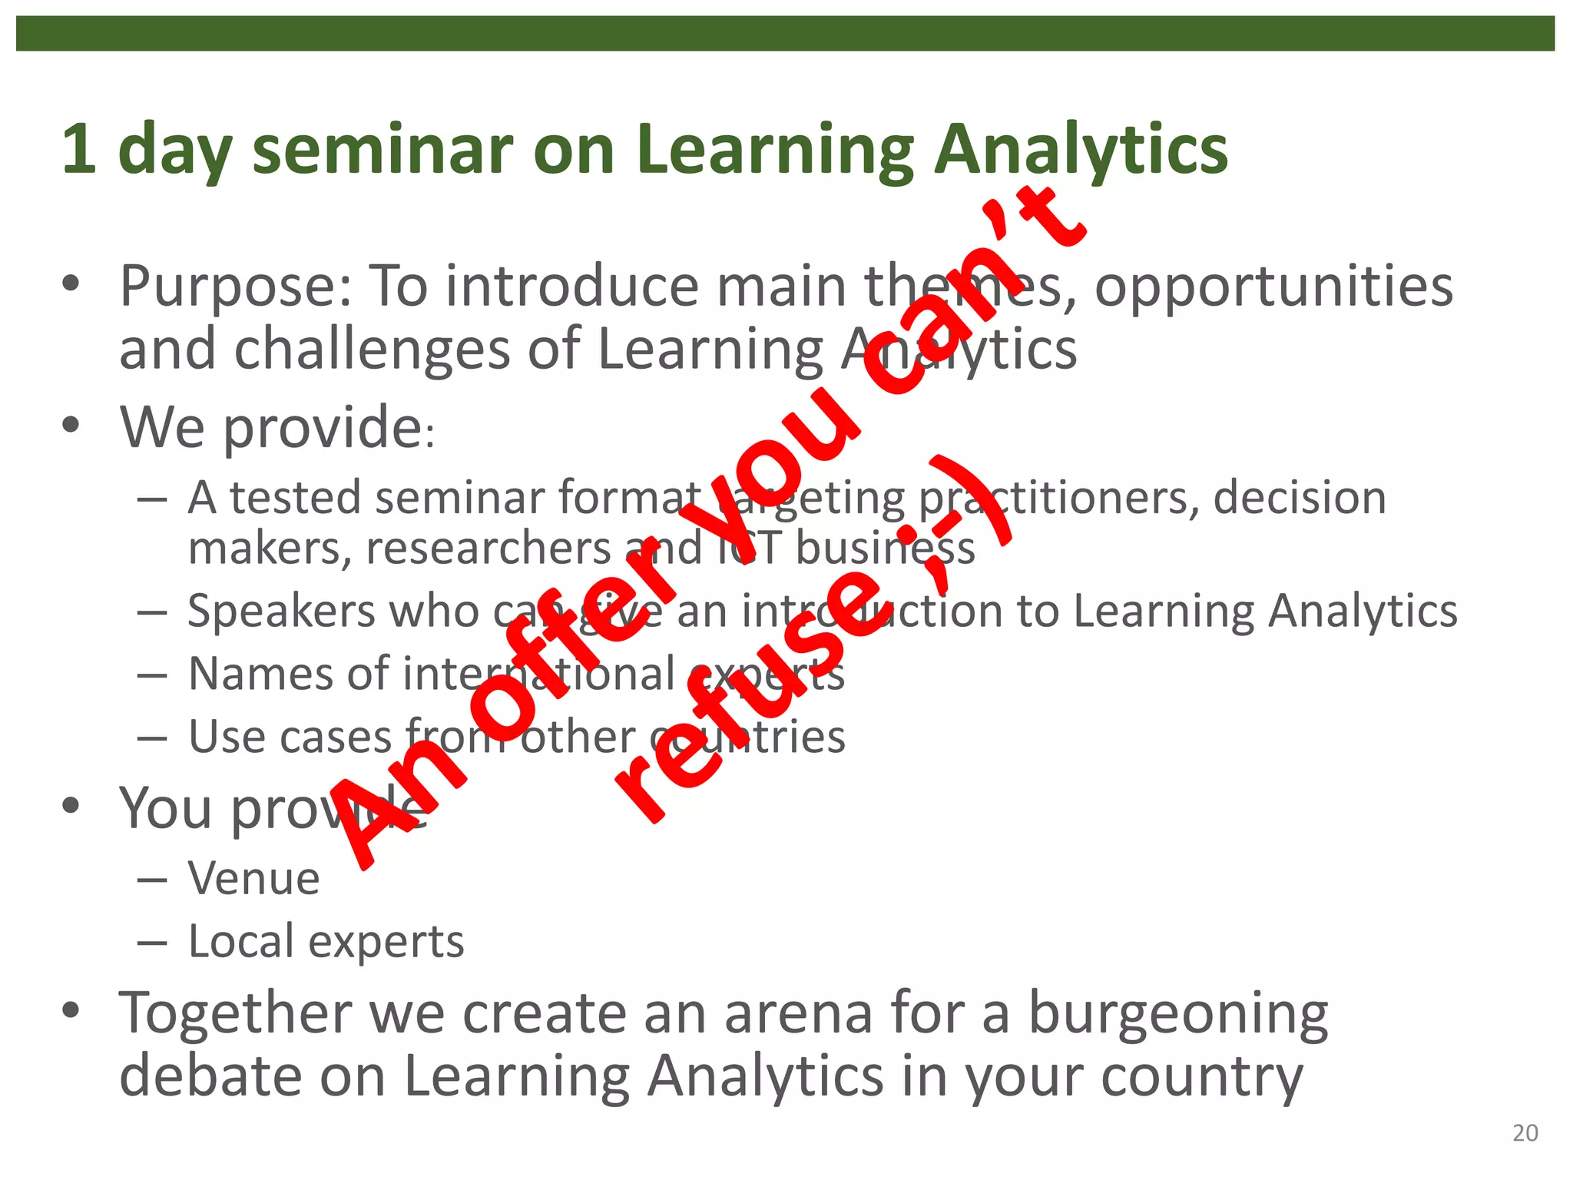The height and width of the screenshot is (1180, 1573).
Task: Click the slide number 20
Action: pos(1525,1133)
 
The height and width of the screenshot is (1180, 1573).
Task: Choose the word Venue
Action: pos(254,878)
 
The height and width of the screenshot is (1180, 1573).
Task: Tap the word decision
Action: pos(1300,498)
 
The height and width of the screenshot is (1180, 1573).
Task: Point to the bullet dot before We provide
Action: pos(71,425)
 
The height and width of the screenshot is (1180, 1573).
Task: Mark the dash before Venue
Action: pos(152,880)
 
